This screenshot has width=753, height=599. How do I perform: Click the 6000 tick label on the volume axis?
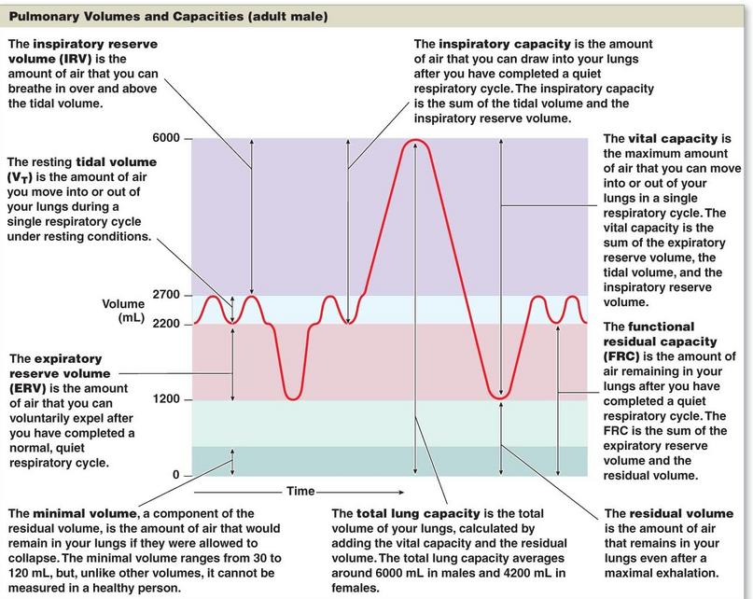[x=166, y=138]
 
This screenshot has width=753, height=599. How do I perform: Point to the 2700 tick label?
[x=166, y=295]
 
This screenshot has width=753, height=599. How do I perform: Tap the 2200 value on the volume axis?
[x=166, y=324]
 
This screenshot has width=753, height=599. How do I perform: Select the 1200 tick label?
[x=166, y=398]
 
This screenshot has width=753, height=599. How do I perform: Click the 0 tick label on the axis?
[x=175, y=475]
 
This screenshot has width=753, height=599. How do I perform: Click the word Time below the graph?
[x=300, y=491]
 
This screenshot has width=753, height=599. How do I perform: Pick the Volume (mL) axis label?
[x=123, y=311]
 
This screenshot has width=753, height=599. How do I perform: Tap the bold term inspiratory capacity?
[x=504, y=44]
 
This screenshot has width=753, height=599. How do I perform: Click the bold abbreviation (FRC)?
[x=621, y=356]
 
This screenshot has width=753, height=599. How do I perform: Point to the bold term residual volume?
[x=681, y=513]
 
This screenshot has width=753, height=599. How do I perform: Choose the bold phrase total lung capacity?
[x=418, y=513]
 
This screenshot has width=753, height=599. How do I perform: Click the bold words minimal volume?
[x=85, y=513]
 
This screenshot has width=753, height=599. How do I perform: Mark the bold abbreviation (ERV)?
[x=28, y=388]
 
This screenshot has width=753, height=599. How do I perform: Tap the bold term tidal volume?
[x=117, y=161]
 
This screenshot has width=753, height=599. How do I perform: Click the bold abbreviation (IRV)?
[x=74, y=59]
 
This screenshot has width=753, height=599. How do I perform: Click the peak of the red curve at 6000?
[x=416, y=140]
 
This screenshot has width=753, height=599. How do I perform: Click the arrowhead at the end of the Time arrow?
[x=402, y=492]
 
